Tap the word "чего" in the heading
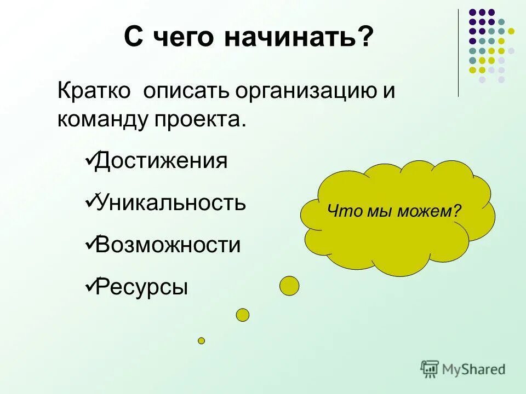184,38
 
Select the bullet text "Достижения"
161,161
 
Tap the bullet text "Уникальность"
170,203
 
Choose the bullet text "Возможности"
168,245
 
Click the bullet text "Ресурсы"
141,287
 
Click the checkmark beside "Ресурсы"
90,285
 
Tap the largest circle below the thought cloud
289,286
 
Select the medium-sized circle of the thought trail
242,315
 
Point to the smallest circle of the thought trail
201,340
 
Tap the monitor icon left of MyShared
430,369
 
